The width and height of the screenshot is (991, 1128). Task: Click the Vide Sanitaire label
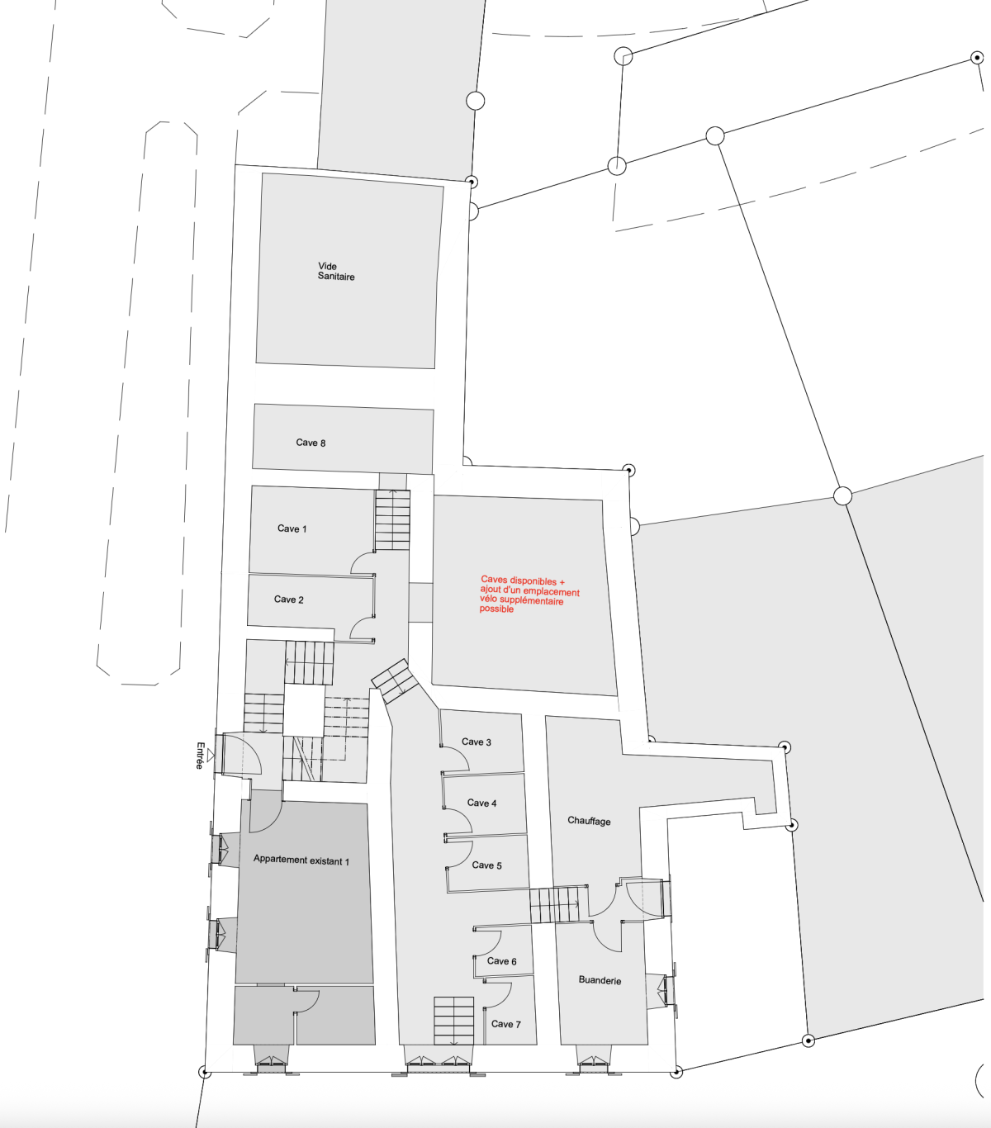(x=336, y=271)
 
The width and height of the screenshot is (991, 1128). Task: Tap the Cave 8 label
(x=311, y=443)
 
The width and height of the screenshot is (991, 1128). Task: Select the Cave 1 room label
(x=292, y=528)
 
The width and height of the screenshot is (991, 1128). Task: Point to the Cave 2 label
(x=288, y=599)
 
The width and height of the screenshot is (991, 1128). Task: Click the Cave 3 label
(x=476, y=742)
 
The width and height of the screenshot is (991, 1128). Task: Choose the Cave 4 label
(x=481, y=803)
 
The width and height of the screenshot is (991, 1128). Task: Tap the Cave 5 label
(x=486, y=865)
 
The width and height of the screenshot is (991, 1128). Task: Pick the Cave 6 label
(x=501, y=961)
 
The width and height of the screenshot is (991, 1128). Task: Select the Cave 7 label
(x=505, y=1024)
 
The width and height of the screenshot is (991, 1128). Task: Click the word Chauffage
(x=589, y=821)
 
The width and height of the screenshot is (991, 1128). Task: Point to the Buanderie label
(x=600, y=980)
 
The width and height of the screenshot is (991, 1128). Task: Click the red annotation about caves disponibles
(x=529, y=595)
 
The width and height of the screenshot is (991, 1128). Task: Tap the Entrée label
(x=200, y=756)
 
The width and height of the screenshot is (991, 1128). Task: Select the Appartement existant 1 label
(x=301, y=860)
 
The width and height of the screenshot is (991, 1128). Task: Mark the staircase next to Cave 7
(x=453, y=1021)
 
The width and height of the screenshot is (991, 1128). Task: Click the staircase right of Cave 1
(x=392, y=519)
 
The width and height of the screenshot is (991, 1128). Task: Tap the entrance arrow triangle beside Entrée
(x=211, y=756)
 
